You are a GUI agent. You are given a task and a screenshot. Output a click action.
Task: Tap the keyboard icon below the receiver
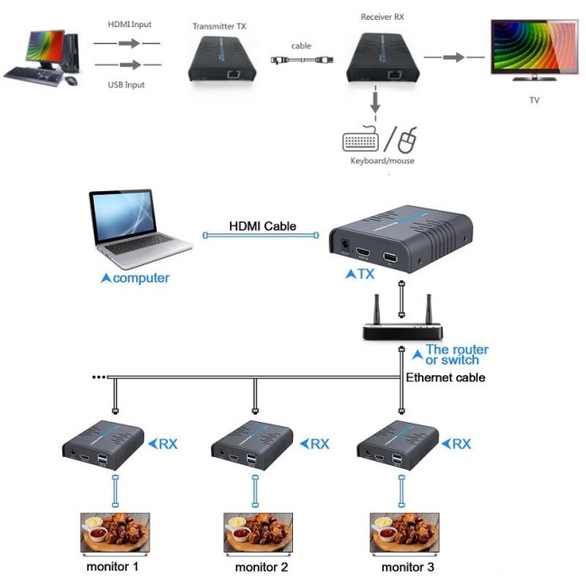click(x=362, y=142)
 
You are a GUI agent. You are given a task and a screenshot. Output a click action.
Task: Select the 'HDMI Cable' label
click(x=261, y=226)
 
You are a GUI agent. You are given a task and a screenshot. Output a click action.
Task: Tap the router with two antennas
click(x=401, y=325)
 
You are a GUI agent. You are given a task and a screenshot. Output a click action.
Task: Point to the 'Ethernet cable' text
click(x=445, y=378)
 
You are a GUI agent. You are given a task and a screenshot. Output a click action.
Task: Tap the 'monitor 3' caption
click(x=407, y=567)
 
